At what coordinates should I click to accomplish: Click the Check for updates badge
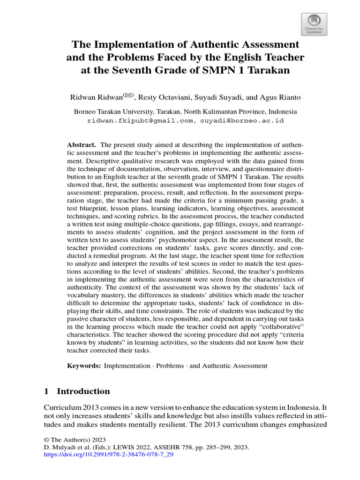[314, 24]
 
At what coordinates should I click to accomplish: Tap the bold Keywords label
[83, 366]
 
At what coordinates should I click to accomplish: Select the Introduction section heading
[83, 391]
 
